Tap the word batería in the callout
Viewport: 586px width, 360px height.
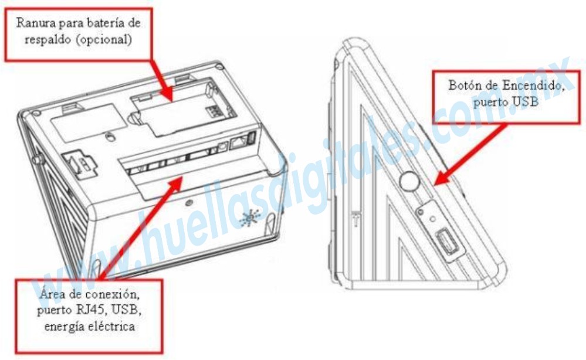104,23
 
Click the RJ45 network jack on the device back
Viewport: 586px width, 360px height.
239,141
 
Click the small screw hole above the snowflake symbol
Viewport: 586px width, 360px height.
189,202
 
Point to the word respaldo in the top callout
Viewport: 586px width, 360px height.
48,40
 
